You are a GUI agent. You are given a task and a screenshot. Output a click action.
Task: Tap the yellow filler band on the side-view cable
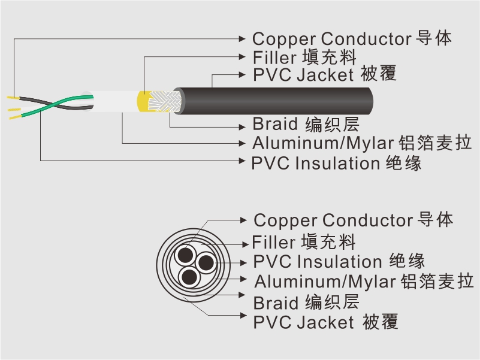point(144,101)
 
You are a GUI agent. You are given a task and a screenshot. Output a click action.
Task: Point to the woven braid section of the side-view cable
point(167,100)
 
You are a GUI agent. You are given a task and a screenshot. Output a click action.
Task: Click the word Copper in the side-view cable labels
point(284,39)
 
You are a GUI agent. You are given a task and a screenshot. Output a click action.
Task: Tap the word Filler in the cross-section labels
point(273,243)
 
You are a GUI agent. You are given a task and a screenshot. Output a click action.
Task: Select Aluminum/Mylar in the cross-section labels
point(325,281)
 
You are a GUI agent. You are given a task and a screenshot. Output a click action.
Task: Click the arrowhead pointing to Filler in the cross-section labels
point(246,243)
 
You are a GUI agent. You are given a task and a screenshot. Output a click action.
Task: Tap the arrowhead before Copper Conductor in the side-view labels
point(243,39)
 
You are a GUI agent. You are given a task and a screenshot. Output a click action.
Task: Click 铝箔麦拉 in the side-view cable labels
point(434,144)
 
